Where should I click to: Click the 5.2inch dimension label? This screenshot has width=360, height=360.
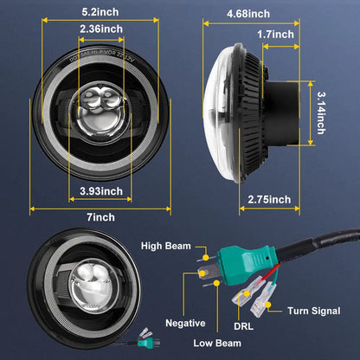[x=94, y=13]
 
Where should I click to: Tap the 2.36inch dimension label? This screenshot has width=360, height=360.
[x=101, y=29]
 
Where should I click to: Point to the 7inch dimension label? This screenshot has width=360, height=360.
[x=102, y=217]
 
